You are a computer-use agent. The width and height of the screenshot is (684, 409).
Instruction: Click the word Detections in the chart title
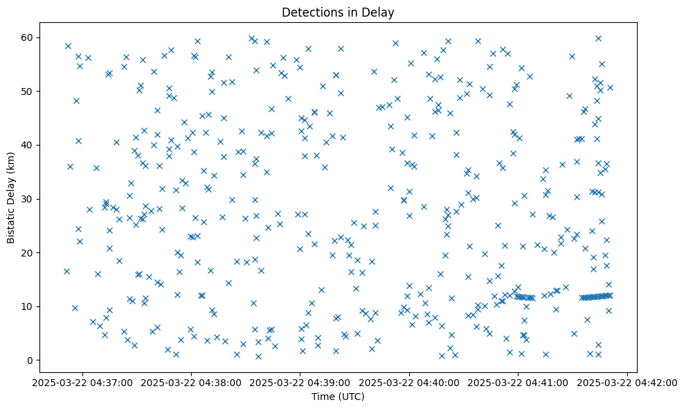click(x=307, y=12)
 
